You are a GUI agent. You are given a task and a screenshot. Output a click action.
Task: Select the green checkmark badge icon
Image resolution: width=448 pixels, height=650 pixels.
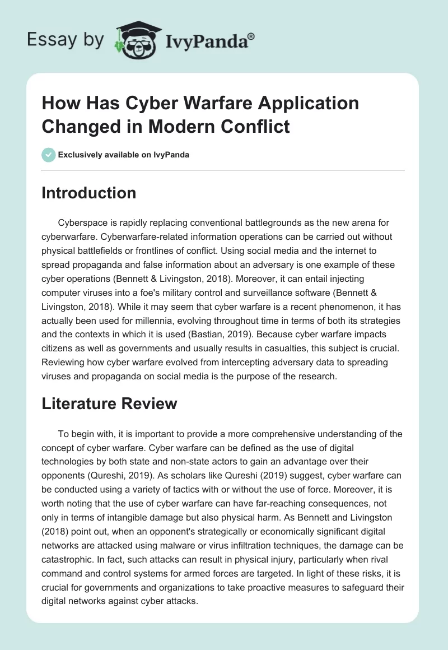48,155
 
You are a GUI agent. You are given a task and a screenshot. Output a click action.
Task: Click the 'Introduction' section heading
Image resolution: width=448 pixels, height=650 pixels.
88,193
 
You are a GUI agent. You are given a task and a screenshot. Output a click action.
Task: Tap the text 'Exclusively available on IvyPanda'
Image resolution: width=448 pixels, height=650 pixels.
124,155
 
